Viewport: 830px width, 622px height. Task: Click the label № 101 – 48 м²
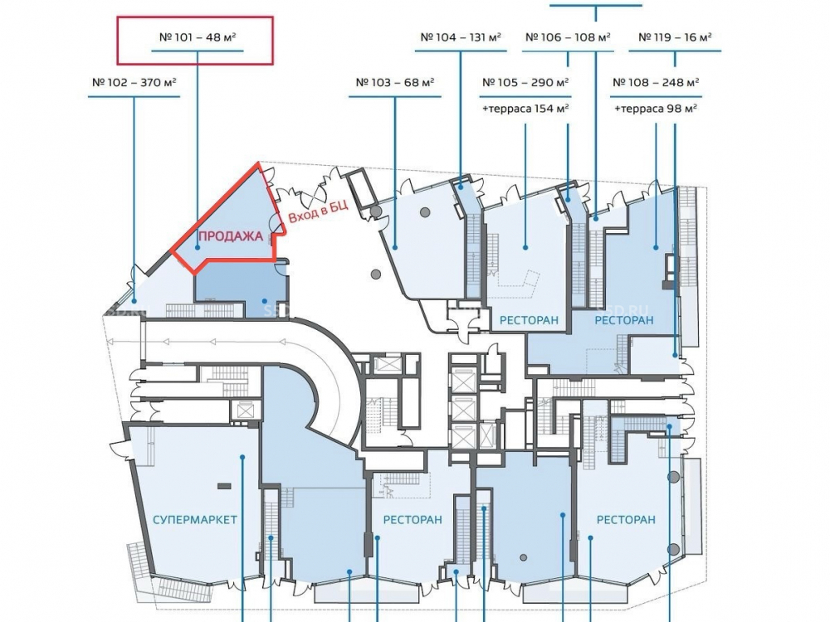(197, 37)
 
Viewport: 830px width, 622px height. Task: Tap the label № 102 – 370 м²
(134, 83)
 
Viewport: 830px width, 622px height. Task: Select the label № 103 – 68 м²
(395, 83)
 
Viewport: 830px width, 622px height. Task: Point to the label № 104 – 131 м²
(461, 37)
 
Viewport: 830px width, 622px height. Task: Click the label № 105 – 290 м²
(525, 83)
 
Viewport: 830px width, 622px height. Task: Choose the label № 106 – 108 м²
(568, 37)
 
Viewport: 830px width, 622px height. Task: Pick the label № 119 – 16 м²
(674, 37)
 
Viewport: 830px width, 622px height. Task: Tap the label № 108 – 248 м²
(656, 83)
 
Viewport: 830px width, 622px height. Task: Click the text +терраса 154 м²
(525, 108)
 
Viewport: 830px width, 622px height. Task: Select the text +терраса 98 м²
(656, 108)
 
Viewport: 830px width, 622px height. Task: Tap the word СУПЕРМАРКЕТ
(195, 520)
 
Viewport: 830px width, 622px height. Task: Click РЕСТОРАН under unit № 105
(529, 320)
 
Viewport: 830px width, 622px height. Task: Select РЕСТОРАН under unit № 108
(624, 320)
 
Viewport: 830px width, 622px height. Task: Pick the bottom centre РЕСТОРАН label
(413, 520)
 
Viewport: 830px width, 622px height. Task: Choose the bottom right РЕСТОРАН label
(626, 520)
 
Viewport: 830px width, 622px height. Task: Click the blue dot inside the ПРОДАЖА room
(198, 246)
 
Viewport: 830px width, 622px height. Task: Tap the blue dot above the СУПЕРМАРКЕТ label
(242, 456)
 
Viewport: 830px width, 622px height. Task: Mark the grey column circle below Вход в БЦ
(376, 274)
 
